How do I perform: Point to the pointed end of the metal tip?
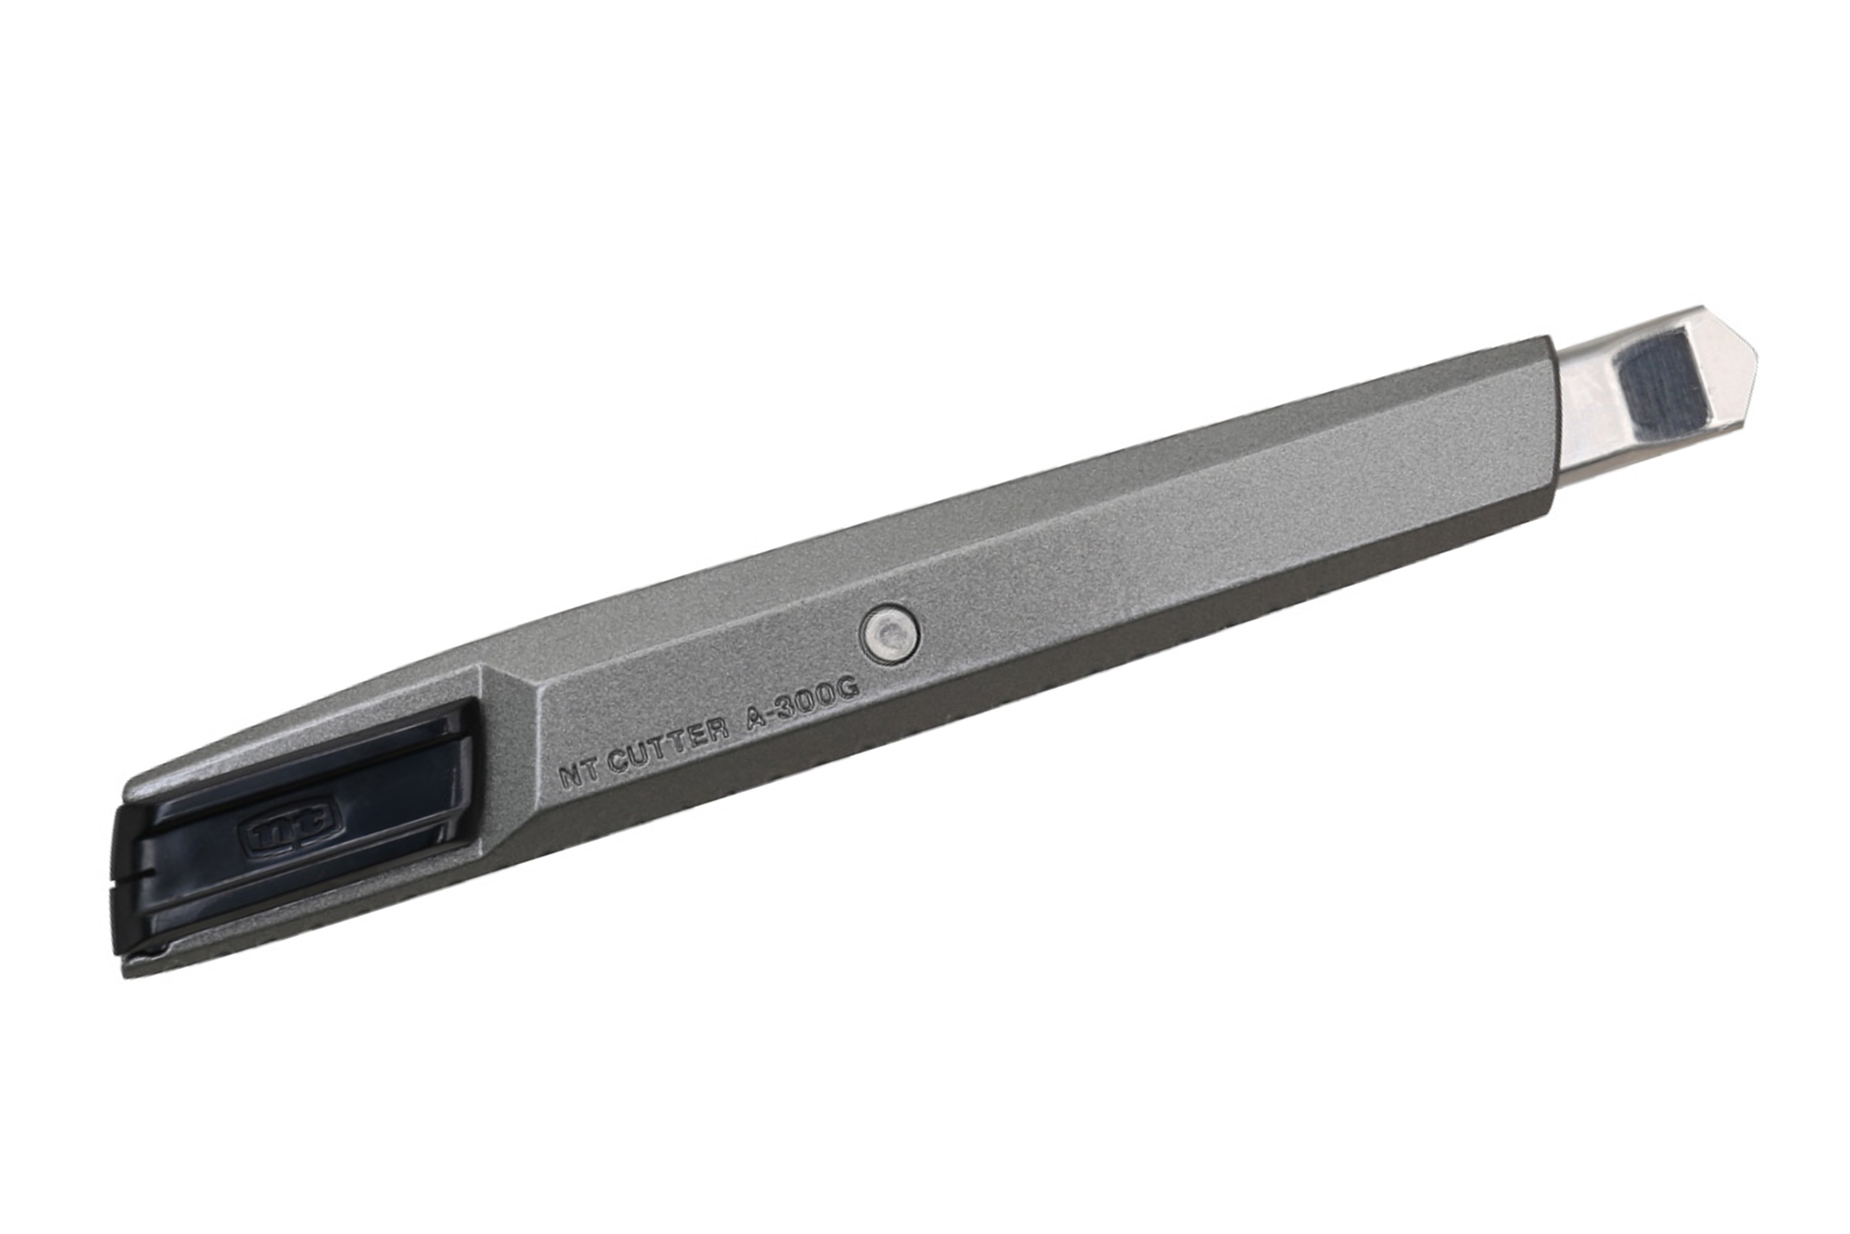(x=1753, y=350)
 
